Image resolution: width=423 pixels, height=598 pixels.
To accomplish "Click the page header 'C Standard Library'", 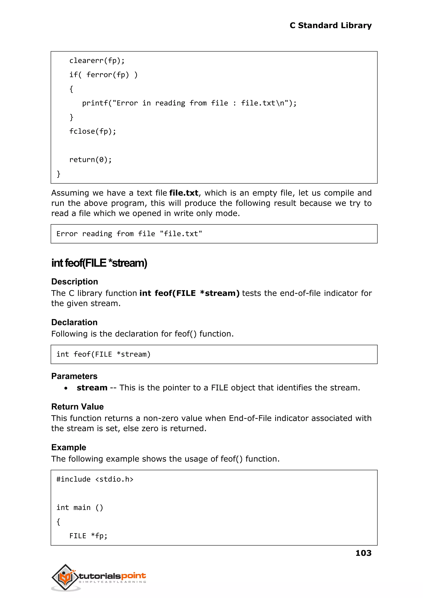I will point(330,26).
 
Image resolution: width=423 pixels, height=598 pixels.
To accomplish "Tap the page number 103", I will point(363,553).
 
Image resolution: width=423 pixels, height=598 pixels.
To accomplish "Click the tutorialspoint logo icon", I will point(65,577).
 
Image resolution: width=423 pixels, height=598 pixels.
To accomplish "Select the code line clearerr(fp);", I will point(97,61).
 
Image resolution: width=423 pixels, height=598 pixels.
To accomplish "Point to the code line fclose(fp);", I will point(93,131).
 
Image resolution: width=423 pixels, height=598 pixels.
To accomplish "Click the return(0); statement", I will point(90,160).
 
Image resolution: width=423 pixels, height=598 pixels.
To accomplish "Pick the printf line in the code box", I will point(189,103).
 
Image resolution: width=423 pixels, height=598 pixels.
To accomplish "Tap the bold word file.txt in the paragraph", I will point(184,193).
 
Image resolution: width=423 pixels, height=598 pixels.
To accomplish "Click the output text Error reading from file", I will point(129,234).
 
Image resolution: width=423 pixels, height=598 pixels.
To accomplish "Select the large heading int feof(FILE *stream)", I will point(99,263).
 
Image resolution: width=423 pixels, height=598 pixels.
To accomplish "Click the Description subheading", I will point(75,282).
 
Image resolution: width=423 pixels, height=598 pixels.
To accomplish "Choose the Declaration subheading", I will point(74,322).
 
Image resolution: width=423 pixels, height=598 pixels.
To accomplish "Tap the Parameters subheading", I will point(74,376).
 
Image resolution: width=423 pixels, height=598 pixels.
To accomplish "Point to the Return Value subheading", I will point(77,407).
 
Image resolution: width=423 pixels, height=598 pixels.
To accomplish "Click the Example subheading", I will point(69,447).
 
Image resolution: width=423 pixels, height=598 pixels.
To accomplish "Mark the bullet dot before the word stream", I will point(66,388).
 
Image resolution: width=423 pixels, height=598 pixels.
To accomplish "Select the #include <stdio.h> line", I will point(95,479).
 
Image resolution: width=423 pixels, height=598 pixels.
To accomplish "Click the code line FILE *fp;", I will point(88,536).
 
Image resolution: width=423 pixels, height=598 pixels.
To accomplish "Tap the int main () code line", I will point(80,507).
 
